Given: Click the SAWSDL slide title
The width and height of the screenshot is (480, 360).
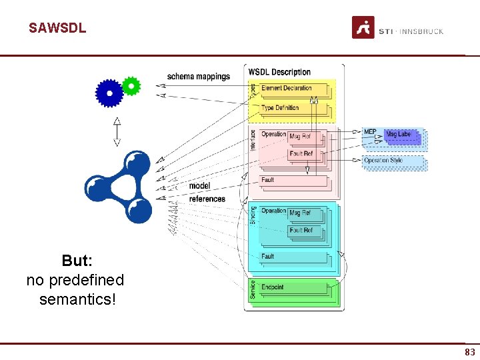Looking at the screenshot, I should click(57, 28).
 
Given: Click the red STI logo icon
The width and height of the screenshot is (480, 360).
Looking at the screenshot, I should click(363, 27).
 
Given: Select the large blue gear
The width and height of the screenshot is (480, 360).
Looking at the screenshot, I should click(110, 93).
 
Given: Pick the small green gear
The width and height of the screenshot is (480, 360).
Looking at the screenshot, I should click(131, 85).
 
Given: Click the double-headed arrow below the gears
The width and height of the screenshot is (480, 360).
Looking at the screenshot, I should click(117, 131).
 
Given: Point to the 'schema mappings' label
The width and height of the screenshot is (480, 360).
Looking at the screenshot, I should click(198, 77).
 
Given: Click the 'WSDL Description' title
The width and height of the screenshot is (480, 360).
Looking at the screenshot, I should click(279, 72).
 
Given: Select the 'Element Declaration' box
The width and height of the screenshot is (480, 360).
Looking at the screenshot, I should click(287, 88).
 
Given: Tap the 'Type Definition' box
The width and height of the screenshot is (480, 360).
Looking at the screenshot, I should click(281, 107).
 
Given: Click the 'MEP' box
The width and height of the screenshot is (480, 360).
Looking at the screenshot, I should click(370, 132).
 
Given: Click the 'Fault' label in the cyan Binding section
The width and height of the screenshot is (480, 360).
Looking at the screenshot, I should click(268, 256).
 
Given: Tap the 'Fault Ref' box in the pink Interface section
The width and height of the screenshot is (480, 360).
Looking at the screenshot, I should click(301, 154).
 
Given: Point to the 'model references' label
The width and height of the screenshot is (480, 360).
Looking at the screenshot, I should click(207, 192).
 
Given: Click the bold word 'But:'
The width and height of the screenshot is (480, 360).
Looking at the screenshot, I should click(77, 261).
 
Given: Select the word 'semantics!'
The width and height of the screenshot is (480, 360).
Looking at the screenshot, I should click(77, 299).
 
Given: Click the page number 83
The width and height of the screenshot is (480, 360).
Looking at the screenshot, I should click(470, 352).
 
